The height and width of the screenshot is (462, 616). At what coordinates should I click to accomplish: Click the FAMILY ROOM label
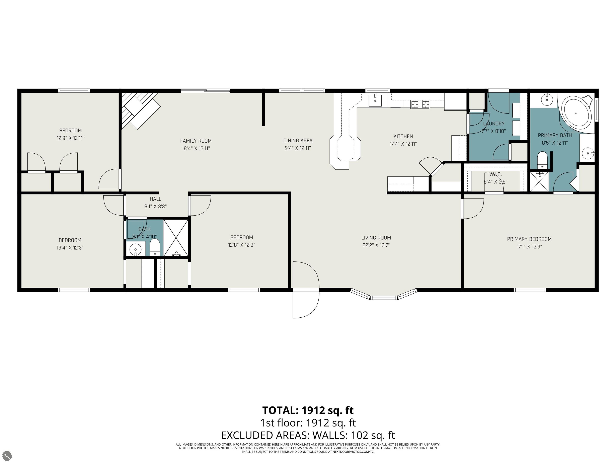point(196,141)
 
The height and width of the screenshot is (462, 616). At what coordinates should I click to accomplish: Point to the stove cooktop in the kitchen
point(420,105)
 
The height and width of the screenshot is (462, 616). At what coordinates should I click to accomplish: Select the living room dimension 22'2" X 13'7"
point(376,245)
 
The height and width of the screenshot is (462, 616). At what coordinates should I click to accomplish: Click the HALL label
point(155,199)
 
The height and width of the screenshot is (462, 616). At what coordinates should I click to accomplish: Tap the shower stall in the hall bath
point(176,238)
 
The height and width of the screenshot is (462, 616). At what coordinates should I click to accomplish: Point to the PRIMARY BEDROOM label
point(529,239)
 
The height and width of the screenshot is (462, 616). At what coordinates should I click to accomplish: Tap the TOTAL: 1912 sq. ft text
point(308,410)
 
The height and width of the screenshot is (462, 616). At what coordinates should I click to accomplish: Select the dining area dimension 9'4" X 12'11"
point(298,148)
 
